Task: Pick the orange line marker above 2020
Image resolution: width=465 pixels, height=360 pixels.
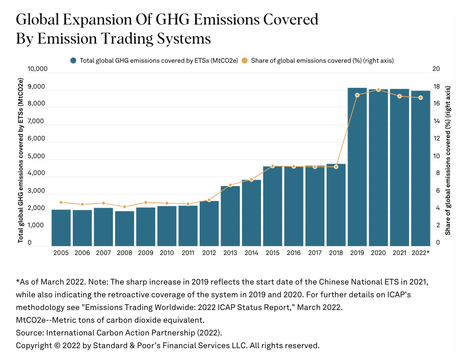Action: coord(379,90)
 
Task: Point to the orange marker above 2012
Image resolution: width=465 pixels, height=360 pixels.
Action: coord(209,200)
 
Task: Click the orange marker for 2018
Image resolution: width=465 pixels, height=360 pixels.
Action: coord(336,167)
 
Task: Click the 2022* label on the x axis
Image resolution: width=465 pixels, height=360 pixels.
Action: coord(420,253)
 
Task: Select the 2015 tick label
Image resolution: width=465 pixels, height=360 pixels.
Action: coord(272,253)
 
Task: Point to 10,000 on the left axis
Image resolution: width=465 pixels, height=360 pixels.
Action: coord(37,69)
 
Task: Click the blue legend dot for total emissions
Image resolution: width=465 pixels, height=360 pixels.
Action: coord(73,60)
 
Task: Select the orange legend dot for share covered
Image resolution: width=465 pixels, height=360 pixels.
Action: coord(244,60)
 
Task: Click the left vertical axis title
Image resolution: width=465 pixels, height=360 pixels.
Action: coord(20,160)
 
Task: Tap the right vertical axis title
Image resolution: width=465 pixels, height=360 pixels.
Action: coord(448,160)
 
